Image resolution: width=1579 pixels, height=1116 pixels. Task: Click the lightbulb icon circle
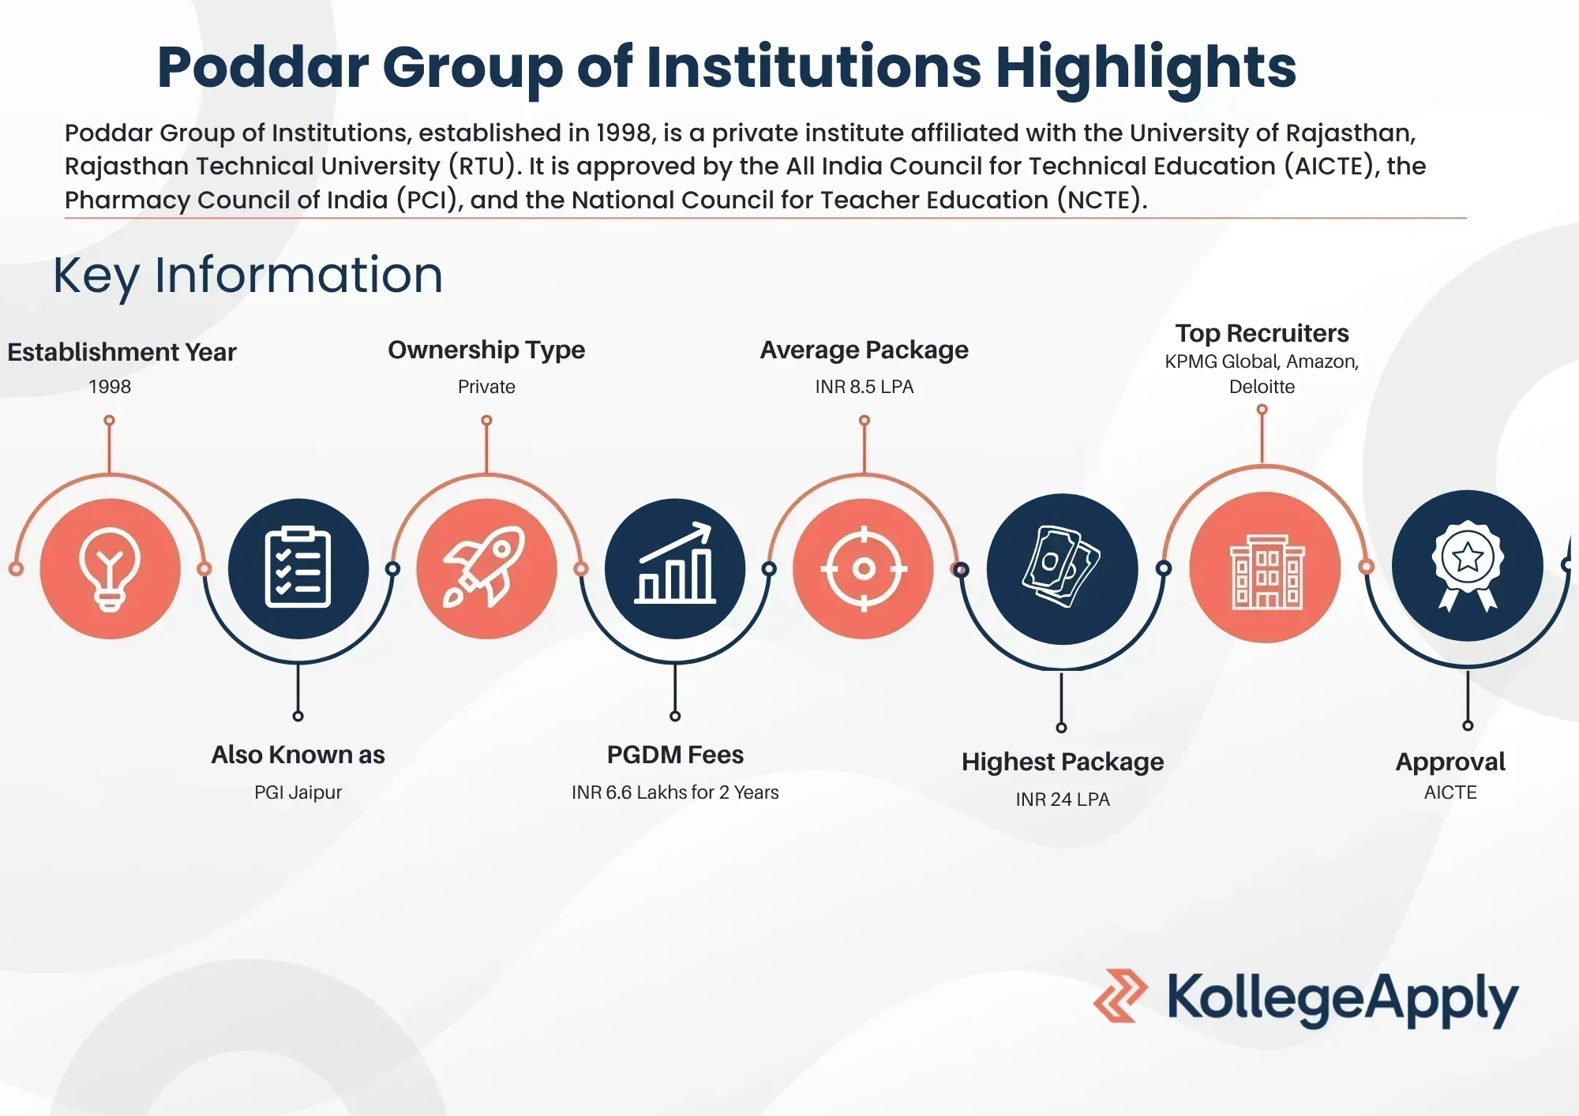[110, 568]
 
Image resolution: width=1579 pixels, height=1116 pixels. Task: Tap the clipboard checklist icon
[298, 567]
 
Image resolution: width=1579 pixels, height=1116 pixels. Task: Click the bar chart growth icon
[675, 564]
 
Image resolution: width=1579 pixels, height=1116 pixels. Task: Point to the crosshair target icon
[864, 568]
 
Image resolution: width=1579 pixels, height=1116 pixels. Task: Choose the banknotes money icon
[1061, 567]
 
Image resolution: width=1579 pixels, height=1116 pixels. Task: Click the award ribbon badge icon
[1468, 565]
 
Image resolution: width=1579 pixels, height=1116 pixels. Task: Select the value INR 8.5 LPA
[865, 387]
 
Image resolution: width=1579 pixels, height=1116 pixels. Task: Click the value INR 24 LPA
[1063, 800]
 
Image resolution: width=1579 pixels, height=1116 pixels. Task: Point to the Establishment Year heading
[122, 352]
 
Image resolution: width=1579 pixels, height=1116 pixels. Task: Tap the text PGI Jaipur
[298, 792]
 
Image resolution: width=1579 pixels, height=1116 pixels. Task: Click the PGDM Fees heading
[675, 755]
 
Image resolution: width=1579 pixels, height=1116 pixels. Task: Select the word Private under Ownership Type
[486, 387]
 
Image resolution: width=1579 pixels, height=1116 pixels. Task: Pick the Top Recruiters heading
[1262, 333]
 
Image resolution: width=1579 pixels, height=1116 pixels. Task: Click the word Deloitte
[1262, 387]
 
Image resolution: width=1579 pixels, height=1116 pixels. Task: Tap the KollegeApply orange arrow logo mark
[1120, 996]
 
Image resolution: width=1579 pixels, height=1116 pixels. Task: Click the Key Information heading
[248, 275]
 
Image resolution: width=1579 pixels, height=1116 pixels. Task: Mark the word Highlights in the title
[1146, 68]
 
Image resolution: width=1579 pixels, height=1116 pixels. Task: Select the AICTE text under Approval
[1450, 792]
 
